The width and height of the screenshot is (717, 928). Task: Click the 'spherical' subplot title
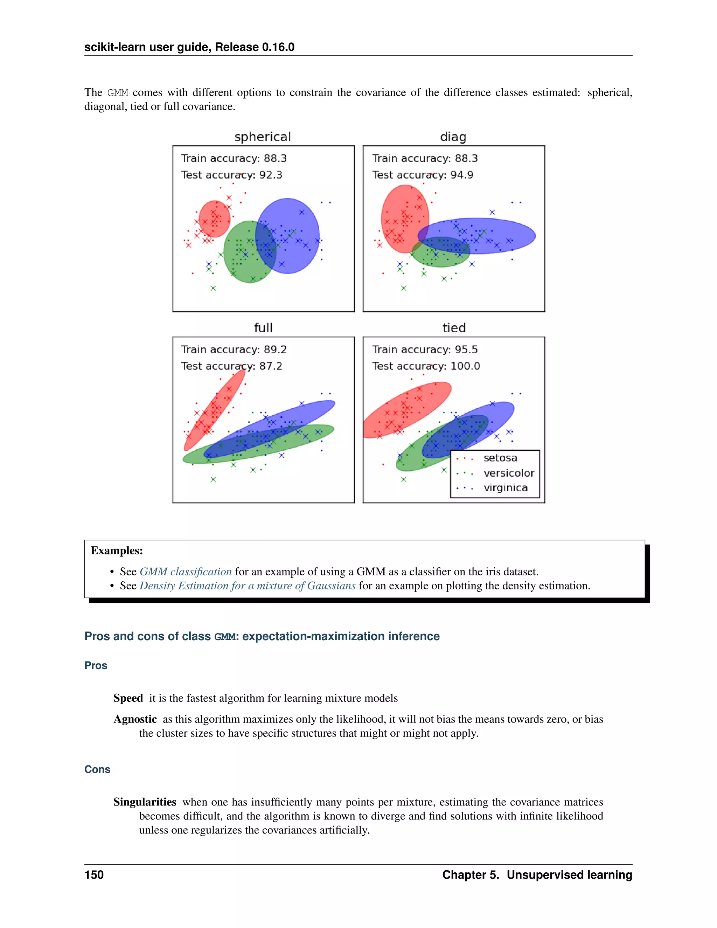pos(263,137)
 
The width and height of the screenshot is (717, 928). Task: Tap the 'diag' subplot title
pos(453,137)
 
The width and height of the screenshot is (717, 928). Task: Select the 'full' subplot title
pos(263,328)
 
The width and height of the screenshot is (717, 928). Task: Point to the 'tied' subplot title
pos(454,328)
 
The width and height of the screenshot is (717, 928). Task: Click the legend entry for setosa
pos(500,458)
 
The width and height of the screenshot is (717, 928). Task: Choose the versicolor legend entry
pos(508,473)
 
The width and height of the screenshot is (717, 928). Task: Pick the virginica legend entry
pos(505,488)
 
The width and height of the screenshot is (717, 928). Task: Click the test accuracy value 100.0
pos(465,366)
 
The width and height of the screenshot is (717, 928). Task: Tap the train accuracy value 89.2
pos(275,350)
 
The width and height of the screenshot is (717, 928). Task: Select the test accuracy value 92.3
pos(271,175)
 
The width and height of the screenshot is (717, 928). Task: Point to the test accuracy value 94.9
pos(462,175)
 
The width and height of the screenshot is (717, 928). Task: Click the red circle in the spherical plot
pos(215,219)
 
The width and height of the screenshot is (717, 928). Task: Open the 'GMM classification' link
pos(186,572)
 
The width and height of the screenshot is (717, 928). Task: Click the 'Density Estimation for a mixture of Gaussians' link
pos(247,586)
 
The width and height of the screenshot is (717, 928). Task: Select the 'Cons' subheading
pos(97,769)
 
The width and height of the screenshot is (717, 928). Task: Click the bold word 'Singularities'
pos(145,802)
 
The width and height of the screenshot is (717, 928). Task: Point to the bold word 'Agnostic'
pos(135,719)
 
